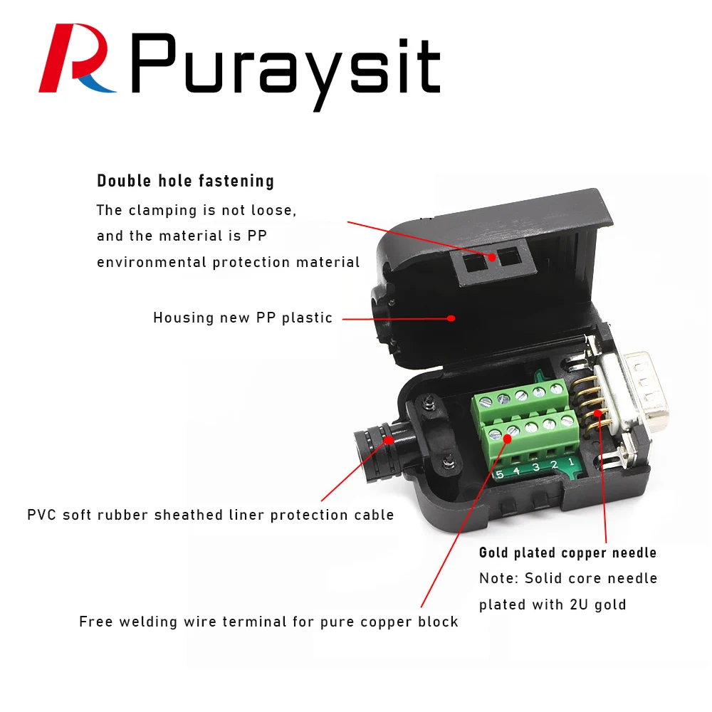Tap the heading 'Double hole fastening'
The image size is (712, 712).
[185, 181]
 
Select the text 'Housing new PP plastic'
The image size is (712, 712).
[243, 318]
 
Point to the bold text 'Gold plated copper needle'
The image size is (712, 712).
[567, 553]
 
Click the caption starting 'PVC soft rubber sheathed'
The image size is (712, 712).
[210, 515]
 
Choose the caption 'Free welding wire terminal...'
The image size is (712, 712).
[268, 622]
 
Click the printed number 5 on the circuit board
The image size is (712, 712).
[499, 474]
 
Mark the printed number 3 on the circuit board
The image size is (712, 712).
[536, 468]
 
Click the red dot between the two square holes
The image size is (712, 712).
[492, 256]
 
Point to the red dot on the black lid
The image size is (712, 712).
[451, 318]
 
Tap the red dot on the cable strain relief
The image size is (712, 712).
[389, 439]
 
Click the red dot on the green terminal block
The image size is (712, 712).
[507, 439]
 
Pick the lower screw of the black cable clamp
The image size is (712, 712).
[449, 464]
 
